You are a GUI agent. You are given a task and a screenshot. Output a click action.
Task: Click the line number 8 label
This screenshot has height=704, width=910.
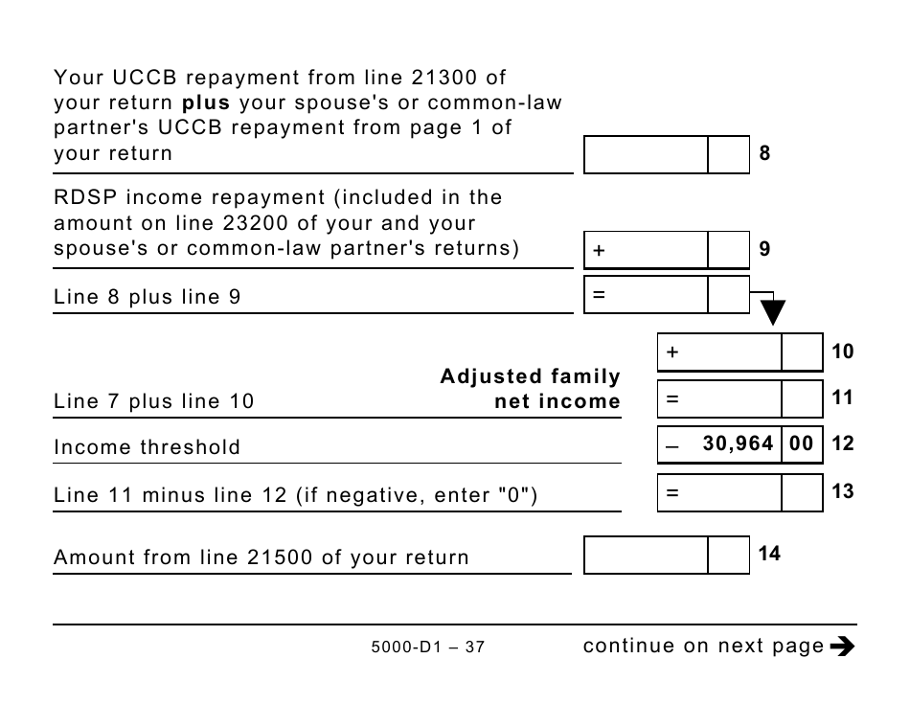pos(764,153)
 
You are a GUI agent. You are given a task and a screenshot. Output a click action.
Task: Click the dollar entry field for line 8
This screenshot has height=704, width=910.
pos(647,154)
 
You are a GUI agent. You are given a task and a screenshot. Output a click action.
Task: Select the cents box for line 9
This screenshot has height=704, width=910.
pos(728,250)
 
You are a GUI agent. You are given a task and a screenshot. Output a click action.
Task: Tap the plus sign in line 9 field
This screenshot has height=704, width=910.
pos(600,251)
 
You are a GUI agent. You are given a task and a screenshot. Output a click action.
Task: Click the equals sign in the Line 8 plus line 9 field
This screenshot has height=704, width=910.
pos(599,296)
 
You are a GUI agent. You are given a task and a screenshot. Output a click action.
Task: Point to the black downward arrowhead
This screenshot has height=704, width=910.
pos(773,312)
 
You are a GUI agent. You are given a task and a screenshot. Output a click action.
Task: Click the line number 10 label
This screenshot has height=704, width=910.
pos(842,352)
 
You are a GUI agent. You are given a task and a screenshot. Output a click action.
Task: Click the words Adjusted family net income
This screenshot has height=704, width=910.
pos(530,389)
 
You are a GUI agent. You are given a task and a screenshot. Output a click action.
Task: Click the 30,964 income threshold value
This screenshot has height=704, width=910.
pos(738,443)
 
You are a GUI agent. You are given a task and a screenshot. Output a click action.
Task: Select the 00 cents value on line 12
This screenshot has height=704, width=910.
pos(801,443)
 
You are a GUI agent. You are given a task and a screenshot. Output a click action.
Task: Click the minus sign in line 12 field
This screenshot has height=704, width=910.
pos(671,445)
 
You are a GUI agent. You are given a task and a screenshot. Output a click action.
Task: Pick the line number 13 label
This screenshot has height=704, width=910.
pos(842,491)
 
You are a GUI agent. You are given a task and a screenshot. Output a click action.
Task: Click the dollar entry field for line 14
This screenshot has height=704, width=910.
pos(647,555)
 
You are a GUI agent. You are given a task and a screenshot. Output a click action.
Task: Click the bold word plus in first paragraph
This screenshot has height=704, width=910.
pos(207,102)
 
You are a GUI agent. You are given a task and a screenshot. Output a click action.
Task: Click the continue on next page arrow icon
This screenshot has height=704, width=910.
pos(842,647)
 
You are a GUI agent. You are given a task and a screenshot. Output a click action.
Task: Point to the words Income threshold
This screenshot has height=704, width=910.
pos(148,447)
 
